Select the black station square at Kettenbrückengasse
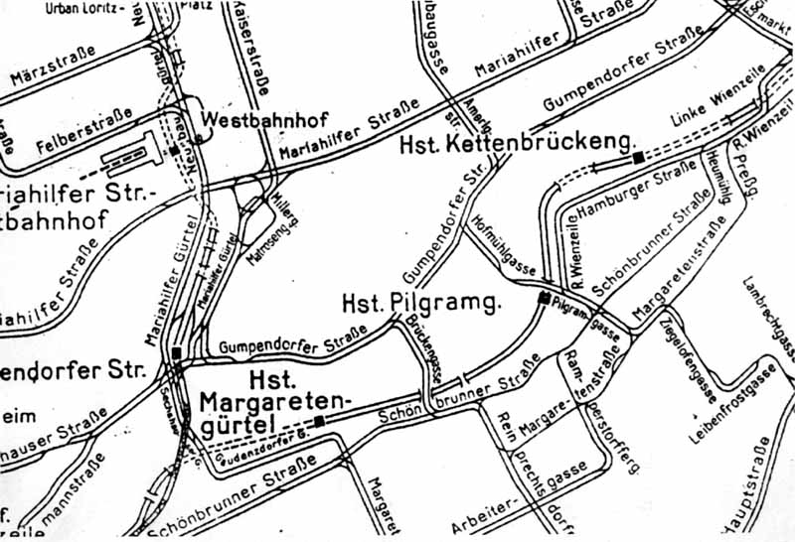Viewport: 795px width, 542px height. point(638,156)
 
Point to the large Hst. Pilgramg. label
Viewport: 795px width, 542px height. point(419,302)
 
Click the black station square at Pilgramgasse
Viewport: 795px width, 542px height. point(544,298)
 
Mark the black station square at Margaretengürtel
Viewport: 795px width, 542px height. point(319,422)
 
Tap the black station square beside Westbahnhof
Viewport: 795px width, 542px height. point(175,150)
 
